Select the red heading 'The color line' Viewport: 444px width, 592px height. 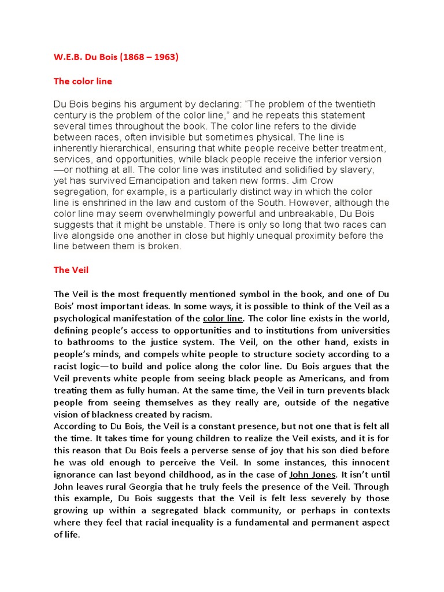[83, 82]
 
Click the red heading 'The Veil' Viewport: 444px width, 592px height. [71, 270]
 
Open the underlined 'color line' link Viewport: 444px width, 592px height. [224, 319]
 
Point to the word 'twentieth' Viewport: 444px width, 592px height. [354, 104]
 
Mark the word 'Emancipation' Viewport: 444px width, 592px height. [165, 180]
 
